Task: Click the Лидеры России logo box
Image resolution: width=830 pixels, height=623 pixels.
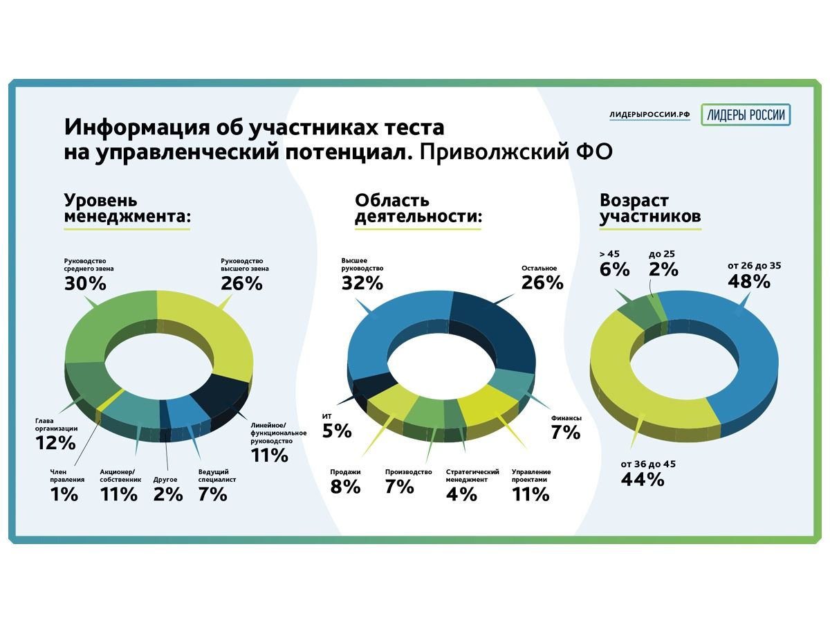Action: [746, 115]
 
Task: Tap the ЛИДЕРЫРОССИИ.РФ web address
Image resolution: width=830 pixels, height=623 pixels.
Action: [649, 115]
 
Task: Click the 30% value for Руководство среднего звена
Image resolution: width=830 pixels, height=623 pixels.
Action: [85, 283]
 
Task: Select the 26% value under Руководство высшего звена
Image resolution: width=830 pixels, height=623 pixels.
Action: [241, 283]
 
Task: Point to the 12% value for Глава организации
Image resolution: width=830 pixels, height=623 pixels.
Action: [55, 443]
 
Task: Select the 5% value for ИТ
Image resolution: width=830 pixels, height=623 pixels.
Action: [337, 431]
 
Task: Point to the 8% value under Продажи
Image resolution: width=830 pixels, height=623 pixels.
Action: [345, 487]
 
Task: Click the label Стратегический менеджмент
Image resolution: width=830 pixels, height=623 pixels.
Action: [472, 476]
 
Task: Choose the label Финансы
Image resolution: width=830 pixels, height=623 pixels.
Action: [566, 418]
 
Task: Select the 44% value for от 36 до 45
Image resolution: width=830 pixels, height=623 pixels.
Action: [643, 478]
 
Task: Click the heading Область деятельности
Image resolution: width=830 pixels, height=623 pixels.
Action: [418, 209]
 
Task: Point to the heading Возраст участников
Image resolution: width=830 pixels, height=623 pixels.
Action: [650, 209]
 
